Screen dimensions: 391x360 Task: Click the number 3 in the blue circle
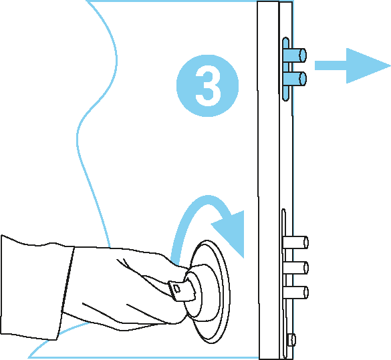point(208,85)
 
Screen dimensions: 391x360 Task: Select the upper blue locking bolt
point(295,55)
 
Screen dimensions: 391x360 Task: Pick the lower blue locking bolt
point(295,79)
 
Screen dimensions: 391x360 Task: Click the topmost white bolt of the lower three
point(295,242)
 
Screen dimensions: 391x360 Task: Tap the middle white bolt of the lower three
point(295,268)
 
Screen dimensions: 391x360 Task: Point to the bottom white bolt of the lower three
point(295,293)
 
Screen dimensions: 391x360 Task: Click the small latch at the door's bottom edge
point(292,340)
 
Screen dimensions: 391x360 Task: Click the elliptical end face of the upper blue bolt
point(303,55)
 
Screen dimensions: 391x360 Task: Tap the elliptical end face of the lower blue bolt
point(303,79)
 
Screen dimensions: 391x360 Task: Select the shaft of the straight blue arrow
point(331,65)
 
